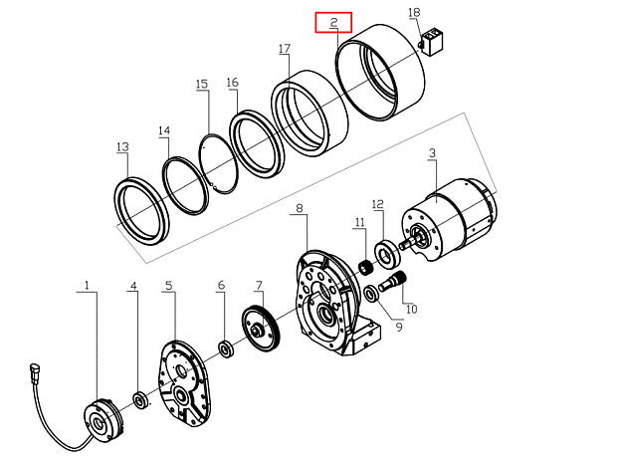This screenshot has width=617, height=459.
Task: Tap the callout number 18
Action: tap(415, 12)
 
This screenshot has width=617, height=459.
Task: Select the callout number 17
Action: tap(285, 49)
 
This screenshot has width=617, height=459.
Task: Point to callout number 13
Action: tap(122, 147)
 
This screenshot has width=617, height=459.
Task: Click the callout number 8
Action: tap(299, 209)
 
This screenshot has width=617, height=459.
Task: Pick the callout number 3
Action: tap(432, 153)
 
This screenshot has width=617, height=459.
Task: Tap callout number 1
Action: tap(87, 286)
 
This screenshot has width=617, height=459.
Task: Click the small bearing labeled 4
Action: tap(139, 401)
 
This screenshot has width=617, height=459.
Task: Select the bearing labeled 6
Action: tap(225, 347)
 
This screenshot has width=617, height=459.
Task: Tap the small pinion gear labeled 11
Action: tap(364, 267)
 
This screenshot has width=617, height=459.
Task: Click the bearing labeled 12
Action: tap(385, 251)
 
